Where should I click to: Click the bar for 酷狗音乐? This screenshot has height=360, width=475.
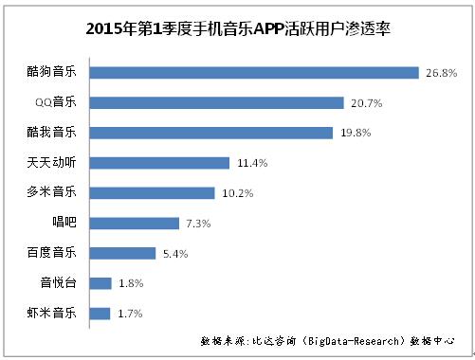pos(255,73)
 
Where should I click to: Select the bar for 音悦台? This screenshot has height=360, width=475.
pos(101,283)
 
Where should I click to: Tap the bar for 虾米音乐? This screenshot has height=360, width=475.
pos(100,313)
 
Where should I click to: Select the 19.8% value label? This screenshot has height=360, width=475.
pos(355,133)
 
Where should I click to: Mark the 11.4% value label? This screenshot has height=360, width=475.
pos(250,163)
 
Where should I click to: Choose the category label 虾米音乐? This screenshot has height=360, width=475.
pos(58,313)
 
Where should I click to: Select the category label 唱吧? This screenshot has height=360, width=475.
pos(70,223)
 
